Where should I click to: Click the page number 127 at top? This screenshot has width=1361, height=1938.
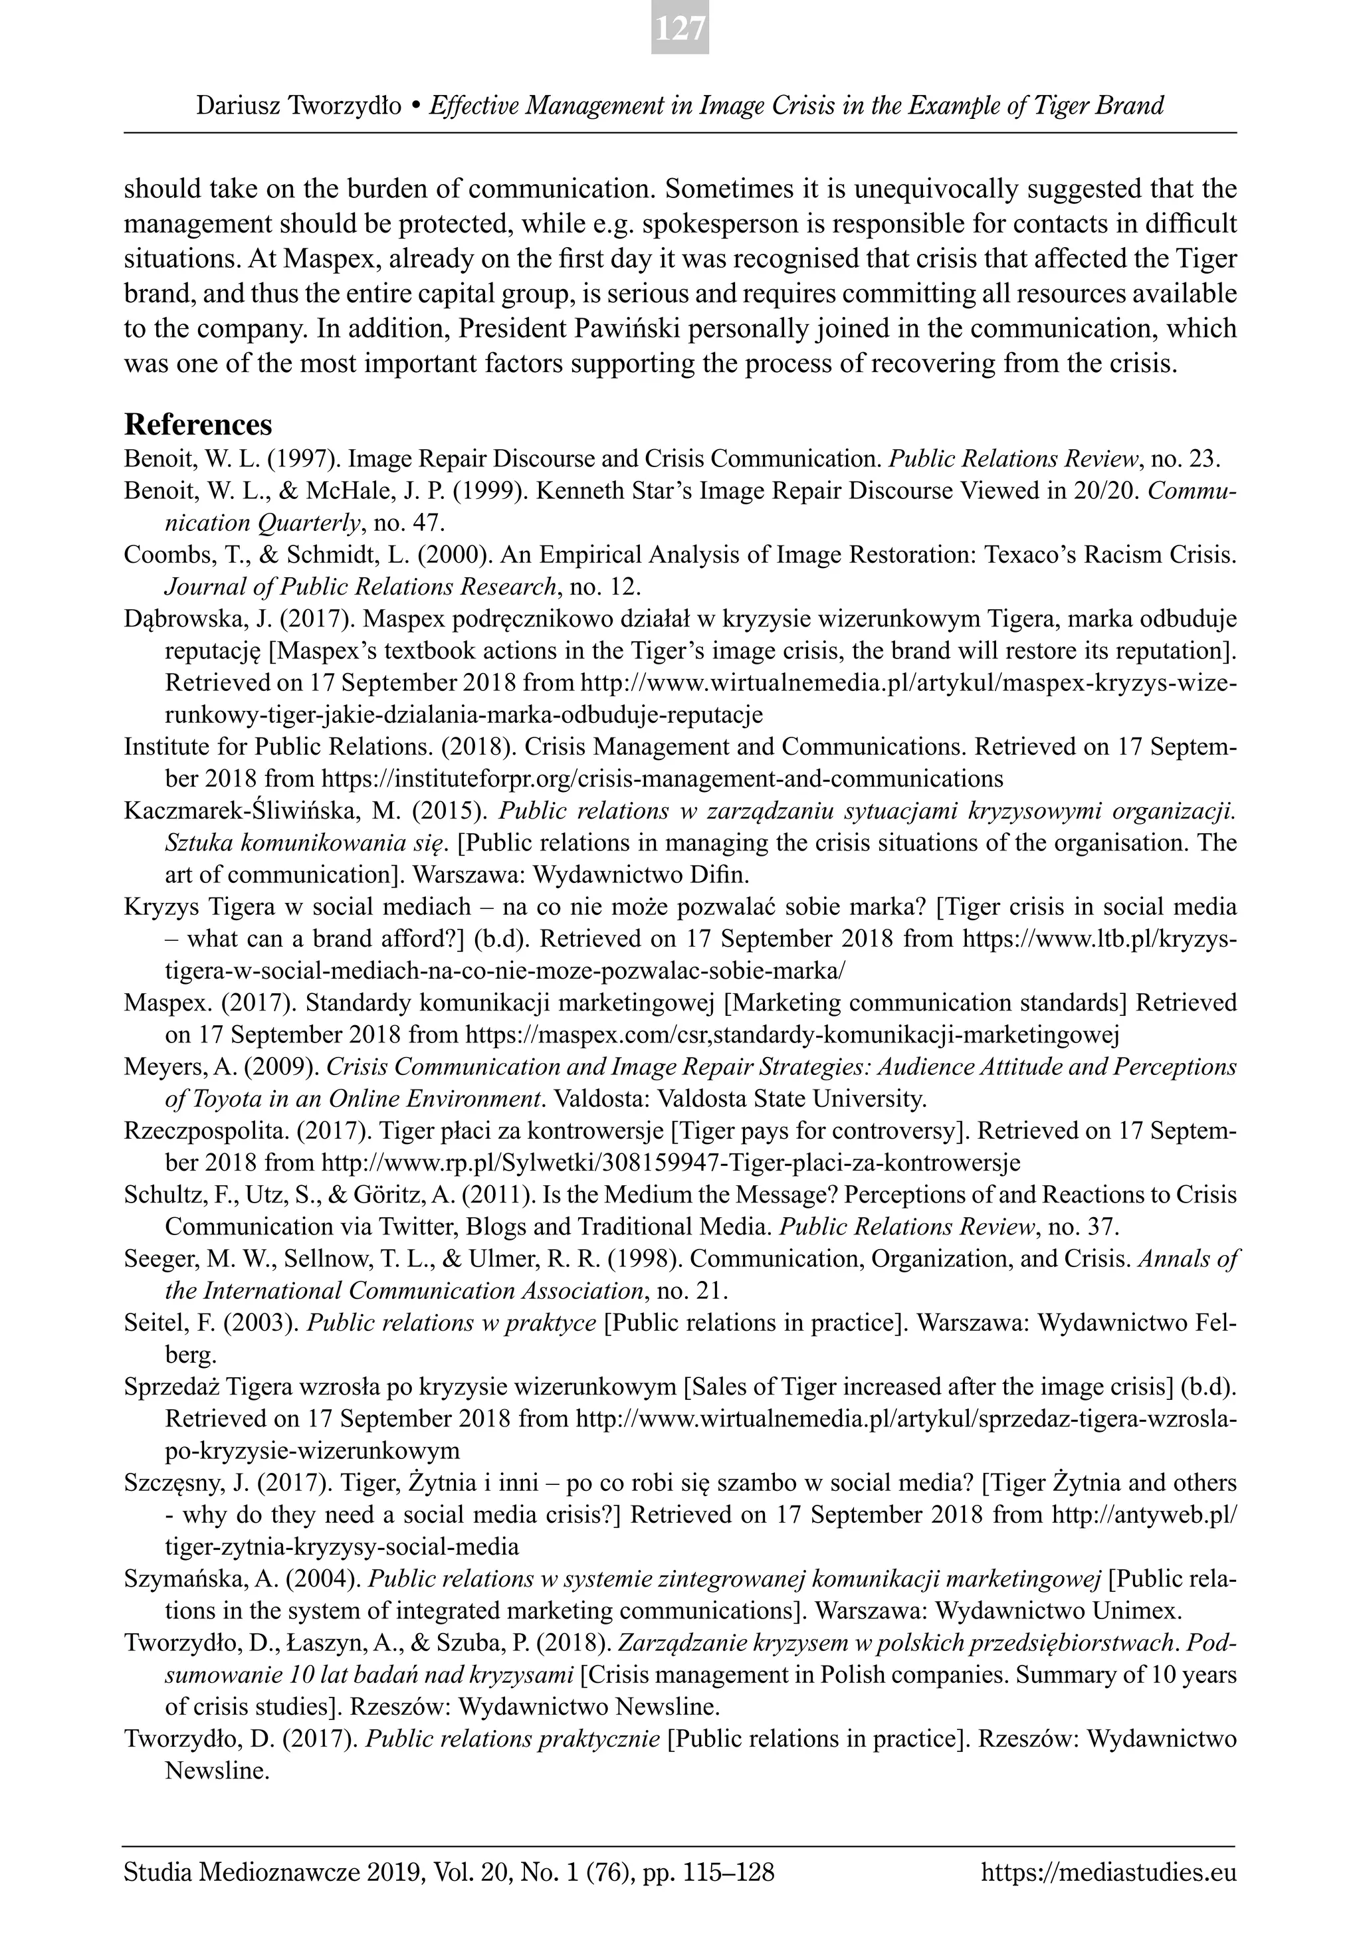point(680,29)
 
